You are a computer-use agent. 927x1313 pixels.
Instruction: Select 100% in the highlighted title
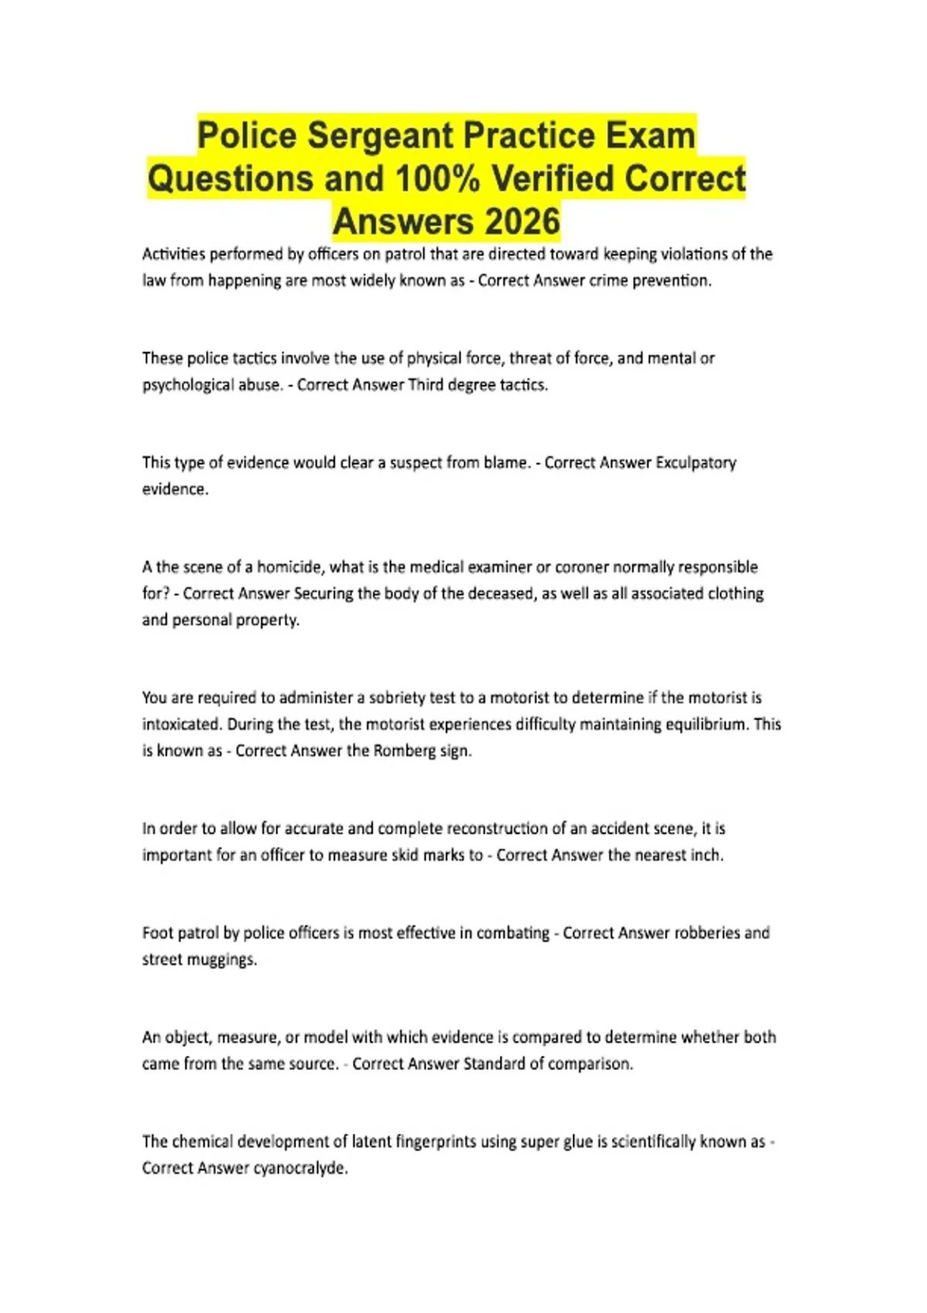point(437,179)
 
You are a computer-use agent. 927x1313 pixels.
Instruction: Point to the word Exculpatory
point(695,463)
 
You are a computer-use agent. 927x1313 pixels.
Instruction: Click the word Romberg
point(404,751)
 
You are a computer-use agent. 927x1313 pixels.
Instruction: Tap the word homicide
point(290,567)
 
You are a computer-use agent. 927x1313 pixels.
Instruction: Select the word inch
point(707,855)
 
